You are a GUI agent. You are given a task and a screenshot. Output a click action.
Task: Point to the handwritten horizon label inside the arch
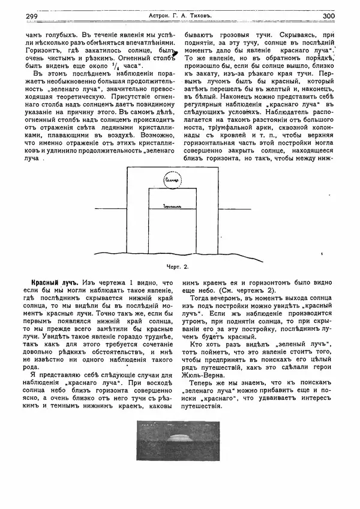(x=172, y=205)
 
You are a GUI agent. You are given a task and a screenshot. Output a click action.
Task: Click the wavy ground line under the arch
(x=180, y=253)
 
